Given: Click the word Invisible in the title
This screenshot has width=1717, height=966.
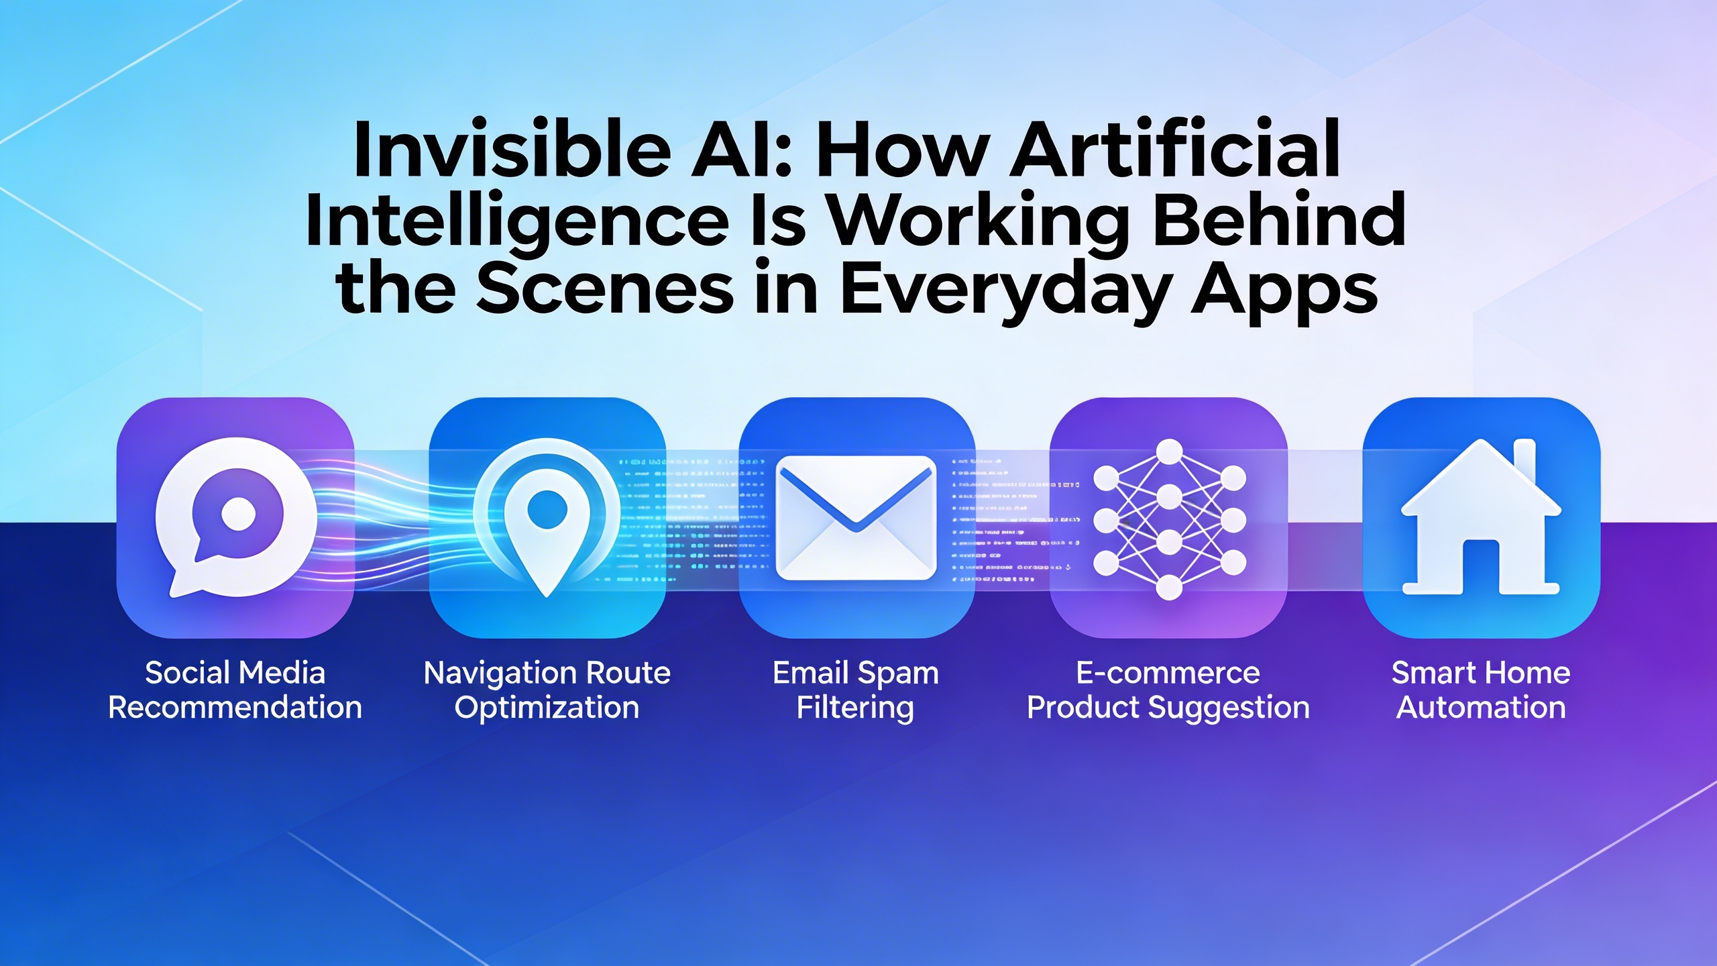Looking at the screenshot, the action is click(512, 148).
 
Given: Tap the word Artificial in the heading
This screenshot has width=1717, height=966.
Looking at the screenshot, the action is click(1176, 148).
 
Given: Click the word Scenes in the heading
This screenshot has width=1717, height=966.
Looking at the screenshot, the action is click(605, 289).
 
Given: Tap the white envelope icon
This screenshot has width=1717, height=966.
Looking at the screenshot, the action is click(856, 518).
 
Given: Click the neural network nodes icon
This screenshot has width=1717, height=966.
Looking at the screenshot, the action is click(1169, 519).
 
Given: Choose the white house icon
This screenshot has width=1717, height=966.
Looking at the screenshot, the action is click(1481, 517).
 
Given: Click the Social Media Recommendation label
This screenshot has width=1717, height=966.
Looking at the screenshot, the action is click(235, 690).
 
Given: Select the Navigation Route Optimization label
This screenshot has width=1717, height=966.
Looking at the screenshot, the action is click(547, 690).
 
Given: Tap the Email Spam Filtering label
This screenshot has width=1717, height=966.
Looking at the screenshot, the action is click(856, 690).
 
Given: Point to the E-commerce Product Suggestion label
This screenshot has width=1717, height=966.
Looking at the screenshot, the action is click(1168, 690).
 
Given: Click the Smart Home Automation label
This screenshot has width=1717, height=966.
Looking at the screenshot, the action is click(1481, 690).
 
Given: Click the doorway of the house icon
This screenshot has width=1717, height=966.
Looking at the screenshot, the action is click(1481, 568).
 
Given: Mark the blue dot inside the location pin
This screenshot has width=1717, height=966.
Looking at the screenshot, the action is click(547, 509).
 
